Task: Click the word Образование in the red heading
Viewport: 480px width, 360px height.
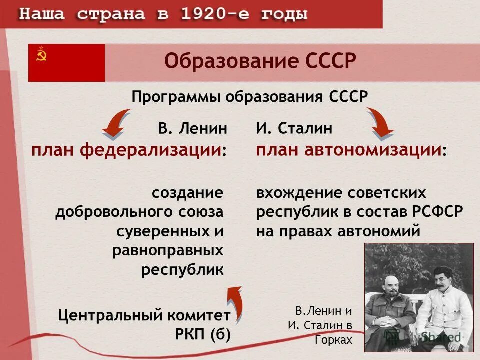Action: (225, 63)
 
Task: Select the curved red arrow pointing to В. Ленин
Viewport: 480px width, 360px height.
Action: (116, 124)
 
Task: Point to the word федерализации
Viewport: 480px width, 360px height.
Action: (150, 150)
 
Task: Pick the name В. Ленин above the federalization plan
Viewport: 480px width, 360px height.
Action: (193, 128)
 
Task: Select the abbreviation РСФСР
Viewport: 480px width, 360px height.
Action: (438, 212)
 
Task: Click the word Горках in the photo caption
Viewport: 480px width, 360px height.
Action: (334, 340)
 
